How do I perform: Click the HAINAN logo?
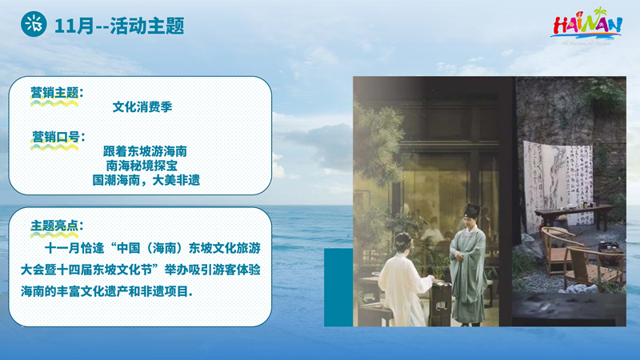587,26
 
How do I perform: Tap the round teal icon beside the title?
34,25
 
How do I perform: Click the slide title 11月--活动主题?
119,26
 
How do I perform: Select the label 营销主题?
54,93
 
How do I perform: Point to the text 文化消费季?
142,107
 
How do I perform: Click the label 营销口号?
55,137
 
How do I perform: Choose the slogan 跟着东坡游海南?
145,151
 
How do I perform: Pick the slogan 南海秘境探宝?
142,166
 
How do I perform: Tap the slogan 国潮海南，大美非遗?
146,180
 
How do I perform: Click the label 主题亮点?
54,226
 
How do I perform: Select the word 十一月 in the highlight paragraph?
62,248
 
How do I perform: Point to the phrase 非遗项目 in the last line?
165,291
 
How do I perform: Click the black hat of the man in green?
473,210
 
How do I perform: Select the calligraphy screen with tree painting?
558,184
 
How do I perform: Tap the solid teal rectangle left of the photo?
338,287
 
